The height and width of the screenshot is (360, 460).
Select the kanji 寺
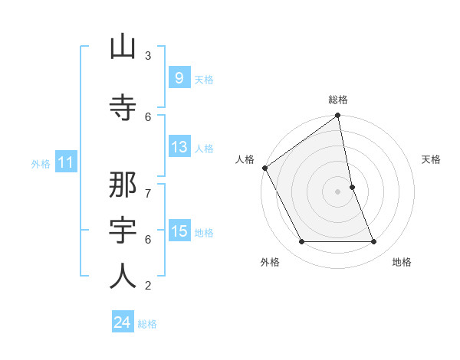[x=123, y=106]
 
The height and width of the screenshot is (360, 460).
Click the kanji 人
[x=123, y=276]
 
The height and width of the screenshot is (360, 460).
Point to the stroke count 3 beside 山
[x=148, y=55]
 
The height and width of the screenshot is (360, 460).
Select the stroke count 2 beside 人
[x=148, y=286]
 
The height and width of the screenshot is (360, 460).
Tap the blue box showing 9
[x=179, y=78]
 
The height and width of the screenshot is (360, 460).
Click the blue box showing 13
[x=179, y=147]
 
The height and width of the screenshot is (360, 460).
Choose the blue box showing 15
[x=179, y=231]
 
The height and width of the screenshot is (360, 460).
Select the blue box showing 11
[x=65, y=162]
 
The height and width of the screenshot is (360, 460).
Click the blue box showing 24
[x=123, y=322]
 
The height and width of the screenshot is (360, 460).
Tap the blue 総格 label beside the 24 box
[x=147, y=324]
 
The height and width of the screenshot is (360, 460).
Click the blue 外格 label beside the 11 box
[x=41, y=163]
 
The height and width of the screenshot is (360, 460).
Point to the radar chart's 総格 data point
[x=338, y=116]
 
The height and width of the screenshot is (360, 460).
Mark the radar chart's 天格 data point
[x=352, y=187]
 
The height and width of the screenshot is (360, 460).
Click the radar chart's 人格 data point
[x=264, y=168]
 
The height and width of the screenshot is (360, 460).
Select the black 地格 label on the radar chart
[x=402, y=262]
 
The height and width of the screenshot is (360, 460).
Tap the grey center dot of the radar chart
[x=338, y=191]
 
